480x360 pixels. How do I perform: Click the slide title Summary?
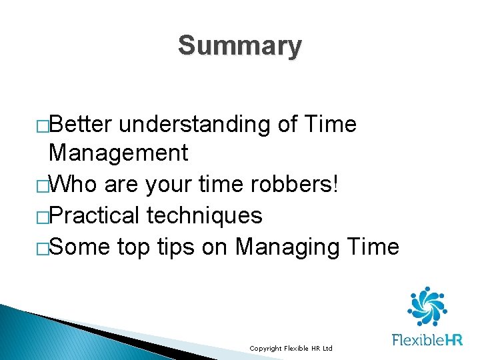[239, 46]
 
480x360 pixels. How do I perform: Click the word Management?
[119, 153]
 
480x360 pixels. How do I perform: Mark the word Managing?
[288, 247]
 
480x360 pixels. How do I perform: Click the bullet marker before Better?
[43, 125]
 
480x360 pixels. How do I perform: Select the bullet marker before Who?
[43, 185]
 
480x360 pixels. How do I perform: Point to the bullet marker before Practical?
[43, 217]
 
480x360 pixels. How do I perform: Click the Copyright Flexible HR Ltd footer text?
[291, 349]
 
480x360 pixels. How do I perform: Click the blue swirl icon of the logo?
[427, 307]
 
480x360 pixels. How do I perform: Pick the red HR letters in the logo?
[453, 339]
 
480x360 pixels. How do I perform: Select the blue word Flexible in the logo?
[417, 339]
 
